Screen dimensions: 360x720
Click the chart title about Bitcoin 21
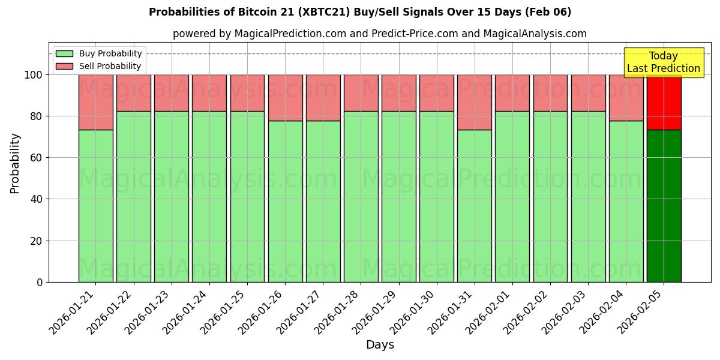[x=360, y=12]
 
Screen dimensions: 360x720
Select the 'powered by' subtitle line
[x=379, y=34]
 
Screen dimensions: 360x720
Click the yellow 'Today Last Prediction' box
[x=663, y=62]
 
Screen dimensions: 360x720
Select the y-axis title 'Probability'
[x=15, y=163]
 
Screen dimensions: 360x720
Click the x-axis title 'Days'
[x=380, y=345]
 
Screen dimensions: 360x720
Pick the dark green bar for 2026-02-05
[x=664, y=206]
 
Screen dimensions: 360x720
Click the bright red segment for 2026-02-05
[x=664, y=102]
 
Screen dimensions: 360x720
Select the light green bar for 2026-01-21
[x=96, y=206]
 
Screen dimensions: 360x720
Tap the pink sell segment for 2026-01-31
[x=475, y=102]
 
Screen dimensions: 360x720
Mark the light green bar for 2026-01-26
[x=285, y=201]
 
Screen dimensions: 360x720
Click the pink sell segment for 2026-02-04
[x=626, y=98]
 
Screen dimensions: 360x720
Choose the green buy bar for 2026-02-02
[x=550, y=196]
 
